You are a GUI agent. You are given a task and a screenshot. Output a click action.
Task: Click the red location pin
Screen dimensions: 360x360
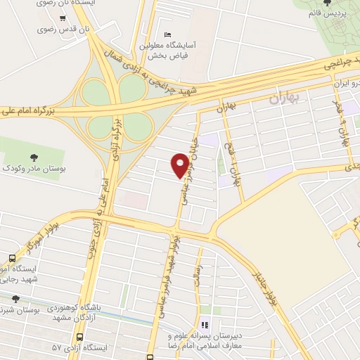181,165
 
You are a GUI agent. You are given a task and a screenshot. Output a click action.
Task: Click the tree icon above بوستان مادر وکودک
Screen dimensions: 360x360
33,157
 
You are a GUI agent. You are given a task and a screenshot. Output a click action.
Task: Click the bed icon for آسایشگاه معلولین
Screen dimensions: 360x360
167,34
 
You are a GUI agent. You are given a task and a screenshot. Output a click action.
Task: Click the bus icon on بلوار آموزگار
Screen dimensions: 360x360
11,259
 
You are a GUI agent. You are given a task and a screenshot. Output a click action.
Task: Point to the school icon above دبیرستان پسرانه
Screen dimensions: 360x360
205,325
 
